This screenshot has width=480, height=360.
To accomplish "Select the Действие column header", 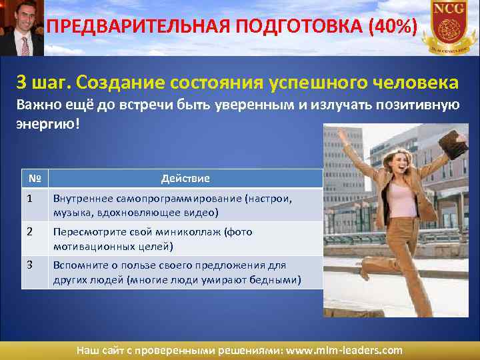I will point(185,179).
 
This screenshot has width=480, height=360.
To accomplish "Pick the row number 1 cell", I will point(30,199).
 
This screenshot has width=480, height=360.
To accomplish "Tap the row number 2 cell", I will point(30,232).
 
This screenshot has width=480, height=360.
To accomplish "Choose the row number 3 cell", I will point(30,265).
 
